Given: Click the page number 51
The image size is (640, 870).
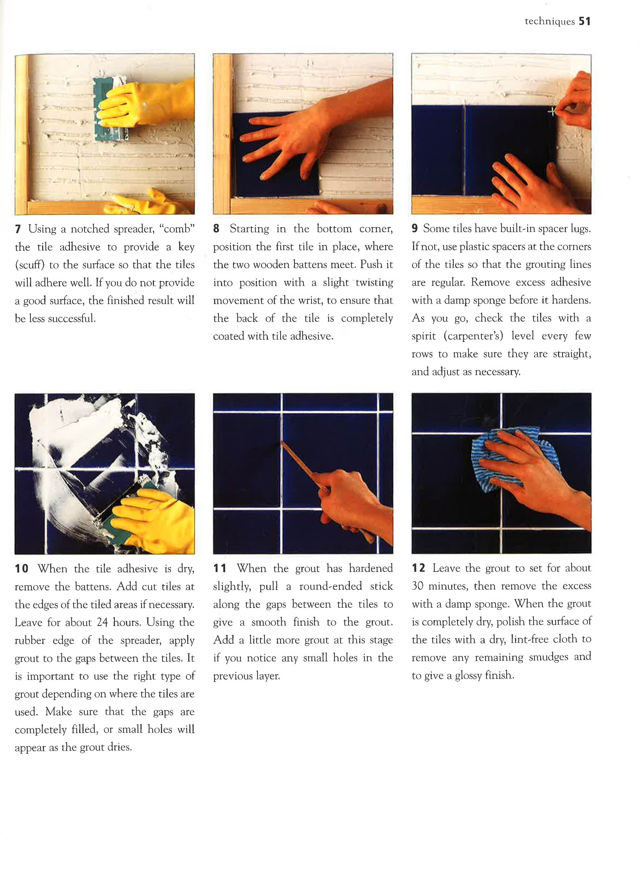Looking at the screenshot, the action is (x=585, y=21).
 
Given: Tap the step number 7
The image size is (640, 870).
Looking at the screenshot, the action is (x=18, y=229).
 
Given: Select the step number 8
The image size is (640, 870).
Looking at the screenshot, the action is (x=216, y=228).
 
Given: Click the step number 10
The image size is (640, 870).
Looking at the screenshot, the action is (x=22, y=569).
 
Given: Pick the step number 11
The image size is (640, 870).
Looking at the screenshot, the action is (x=220, y=568).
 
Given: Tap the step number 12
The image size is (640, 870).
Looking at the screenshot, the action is (x=418, y=568).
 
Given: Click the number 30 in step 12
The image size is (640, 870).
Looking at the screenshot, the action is (x=418, y=586).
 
